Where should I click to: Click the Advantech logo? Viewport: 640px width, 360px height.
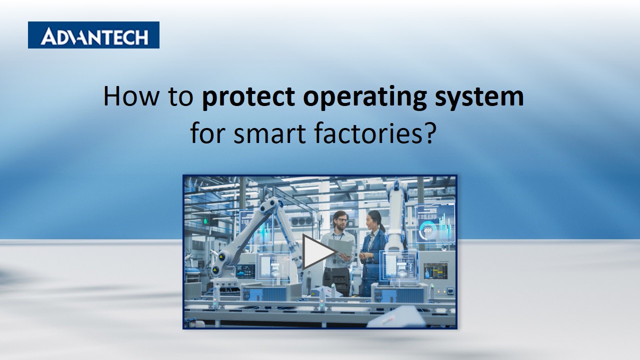[x=93, y=35]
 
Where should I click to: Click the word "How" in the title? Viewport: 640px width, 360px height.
[x=123, y=96]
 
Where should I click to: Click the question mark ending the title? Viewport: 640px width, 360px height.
[x=426, y=134]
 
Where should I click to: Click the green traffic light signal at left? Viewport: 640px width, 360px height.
[x=204, y=220]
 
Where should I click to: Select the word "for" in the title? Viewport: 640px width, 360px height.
[x=205, y=134]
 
